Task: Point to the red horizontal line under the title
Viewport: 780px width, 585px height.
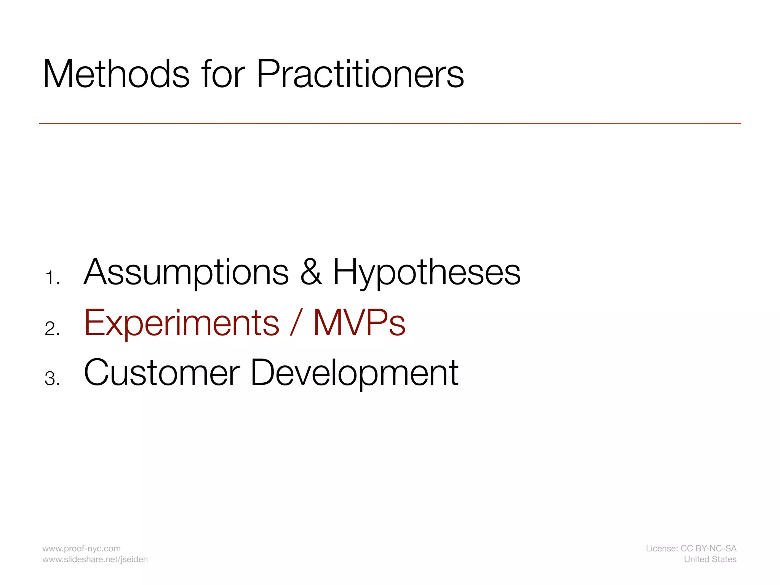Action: point(390,123)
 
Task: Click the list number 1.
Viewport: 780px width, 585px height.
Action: point(51,278)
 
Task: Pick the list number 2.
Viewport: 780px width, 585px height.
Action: point(52,329)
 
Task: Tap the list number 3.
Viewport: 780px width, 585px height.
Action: point(52,379)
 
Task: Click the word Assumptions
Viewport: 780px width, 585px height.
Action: point(186,273)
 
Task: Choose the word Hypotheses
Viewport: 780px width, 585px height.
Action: point(427,273)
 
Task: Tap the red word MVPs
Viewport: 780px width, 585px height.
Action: point(359,323)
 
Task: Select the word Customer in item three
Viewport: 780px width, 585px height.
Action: point(161,373)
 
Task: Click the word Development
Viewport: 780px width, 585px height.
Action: point(354,374)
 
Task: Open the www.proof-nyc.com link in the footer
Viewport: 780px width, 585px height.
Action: point(82,548)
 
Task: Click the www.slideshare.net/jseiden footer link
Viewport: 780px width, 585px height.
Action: point(95,559)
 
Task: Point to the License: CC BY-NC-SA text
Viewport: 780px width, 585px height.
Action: point(691,548)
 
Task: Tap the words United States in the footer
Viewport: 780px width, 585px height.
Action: point(710,559)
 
